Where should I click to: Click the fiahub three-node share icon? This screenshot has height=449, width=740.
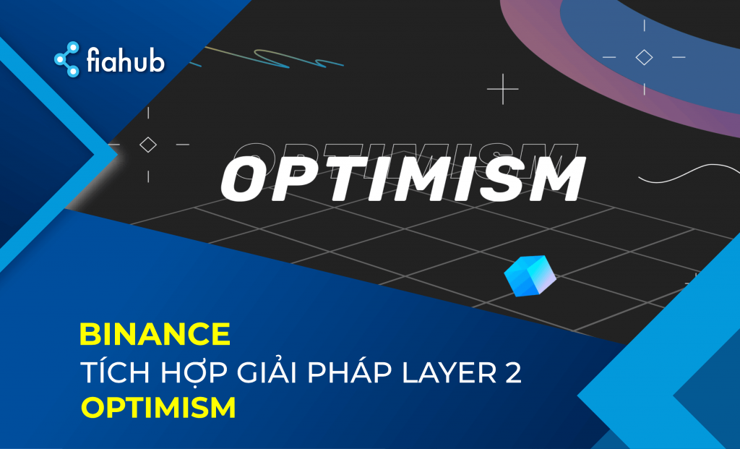click(x=66, y=59)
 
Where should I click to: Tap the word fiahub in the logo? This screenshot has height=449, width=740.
click(x=126, y=60)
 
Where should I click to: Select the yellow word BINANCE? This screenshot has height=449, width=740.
click(x=155, y=334)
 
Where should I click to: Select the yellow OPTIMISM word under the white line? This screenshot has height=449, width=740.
click(x=158, y=408)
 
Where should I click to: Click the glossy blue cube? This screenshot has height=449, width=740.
click(x=530, y=275)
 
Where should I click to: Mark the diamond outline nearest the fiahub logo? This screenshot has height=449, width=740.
click(x=148, y=145)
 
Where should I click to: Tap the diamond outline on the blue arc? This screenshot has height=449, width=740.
click(x=644, y=57)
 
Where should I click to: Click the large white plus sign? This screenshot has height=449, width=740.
click(x=503, y=89)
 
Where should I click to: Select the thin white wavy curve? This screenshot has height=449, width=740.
click(x=689, y=174)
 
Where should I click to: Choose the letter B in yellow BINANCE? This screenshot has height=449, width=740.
click(x=89, y=334)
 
